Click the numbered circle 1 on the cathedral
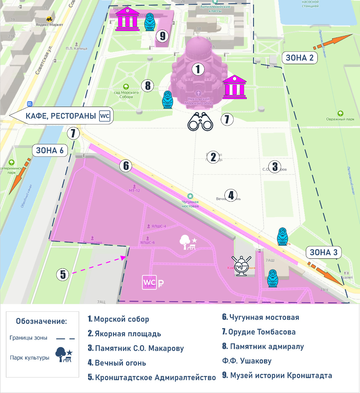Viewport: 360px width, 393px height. click(198, 69)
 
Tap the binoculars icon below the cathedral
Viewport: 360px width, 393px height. click(200, 122)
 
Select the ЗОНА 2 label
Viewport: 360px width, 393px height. click(299, 58)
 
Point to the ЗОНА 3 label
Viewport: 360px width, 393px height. click(323, 252)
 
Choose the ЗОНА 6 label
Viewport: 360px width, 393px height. click(50, 150)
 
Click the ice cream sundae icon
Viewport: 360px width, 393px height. click(242, 265)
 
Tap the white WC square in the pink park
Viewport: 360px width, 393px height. click(149, 283)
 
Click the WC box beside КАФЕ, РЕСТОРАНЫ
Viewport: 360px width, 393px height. click(105, 116)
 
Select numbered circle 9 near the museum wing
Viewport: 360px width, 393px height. click(163, 35)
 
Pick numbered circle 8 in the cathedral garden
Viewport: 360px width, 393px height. click(148, 85)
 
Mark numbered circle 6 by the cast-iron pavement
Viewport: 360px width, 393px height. click(126, 166)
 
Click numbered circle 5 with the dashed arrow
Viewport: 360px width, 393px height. click(63, 274)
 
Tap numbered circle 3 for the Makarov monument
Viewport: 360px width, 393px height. click(275, 166)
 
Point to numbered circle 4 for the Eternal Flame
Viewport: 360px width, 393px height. click(231, 196)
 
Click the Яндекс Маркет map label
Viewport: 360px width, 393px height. click(49, 25)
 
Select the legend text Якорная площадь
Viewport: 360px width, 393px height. click(128, 334)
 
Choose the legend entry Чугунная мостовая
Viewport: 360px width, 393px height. click(264, 317)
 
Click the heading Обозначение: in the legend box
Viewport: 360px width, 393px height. click(41, 321)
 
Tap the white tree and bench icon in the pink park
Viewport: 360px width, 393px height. click(188, 242)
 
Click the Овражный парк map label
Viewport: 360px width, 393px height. click(340, 119)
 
